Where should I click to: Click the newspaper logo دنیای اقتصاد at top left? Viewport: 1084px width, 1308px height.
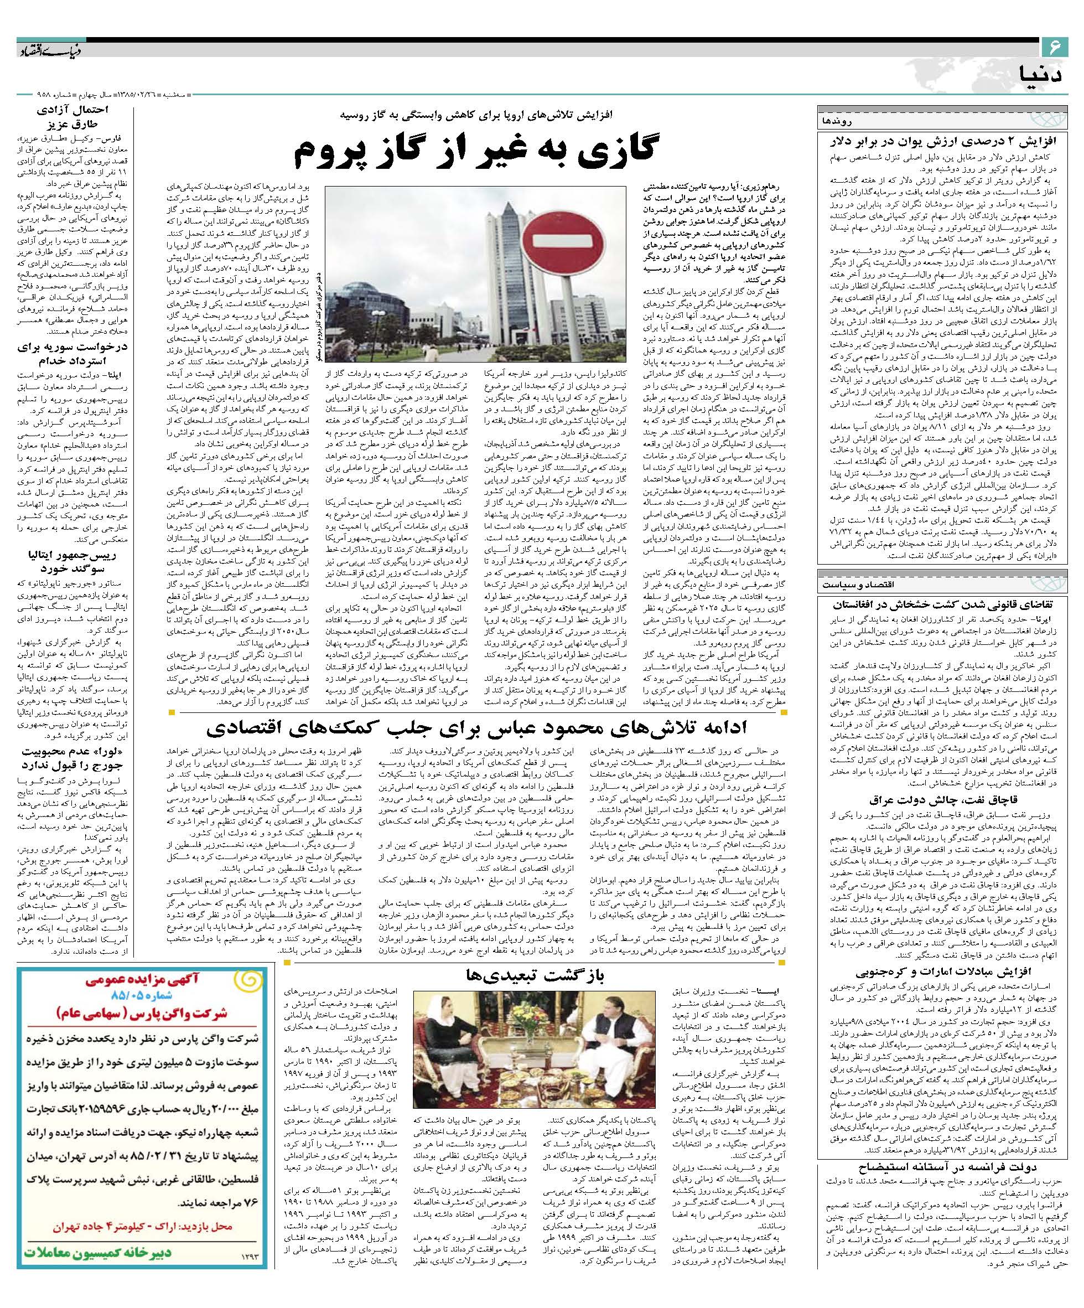tap(50, 48)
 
